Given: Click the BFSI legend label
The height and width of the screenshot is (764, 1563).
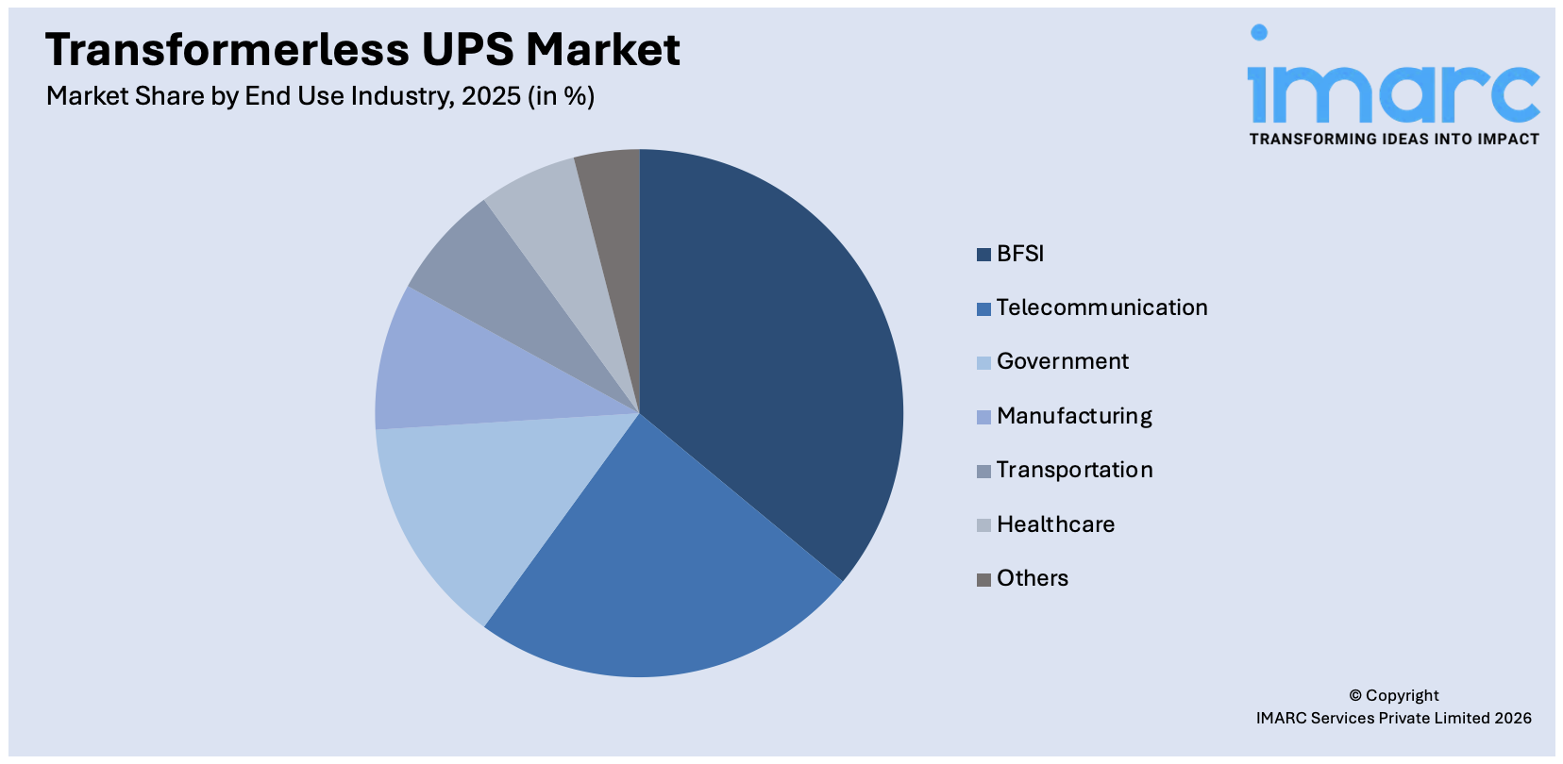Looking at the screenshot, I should pyautogui.click(x=1020, y=254).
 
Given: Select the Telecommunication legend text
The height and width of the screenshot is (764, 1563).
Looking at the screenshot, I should pyautogui.click(x=1101, y=307).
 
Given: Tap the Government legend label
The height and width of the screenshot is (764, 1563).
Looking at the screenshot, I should pyautogui.click(x=1063, y=361).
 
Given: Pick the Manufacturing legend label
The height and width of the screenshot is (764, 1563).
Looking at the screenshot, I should pyautogui.click(x=1074, y=416).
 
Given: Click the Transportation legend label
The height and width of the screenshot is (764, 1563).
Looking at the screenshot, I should pyautogui.click(x=1074, y=470).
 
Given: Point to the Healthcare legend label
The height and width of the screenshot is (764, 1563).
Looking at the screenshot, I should pyautogui.click(x=1055, y=524).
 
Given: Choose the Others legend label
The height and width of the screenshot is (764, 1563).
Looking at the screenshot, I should pyautogui.click(x=1033, y=578).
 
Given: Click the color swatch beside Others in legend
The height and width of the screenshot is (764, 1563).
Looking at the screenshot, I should pyautogui.click(x=983, y=579).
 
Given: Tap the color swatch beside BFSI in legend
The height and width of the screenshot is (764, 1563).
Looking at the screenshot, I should pyautogui.click(x=983, y=255).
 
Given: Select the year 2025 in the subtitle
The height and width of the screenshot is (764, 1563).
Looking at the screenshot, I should pyautogui.click(x=491, y=96).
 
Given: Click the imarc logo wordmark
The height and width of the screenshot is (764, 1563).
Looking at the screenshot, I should pyautogui.click(x=1393, y=90).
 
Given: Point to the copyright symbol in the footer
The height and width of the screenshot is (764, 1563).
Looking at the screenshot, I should pyautogui.click(x=1355, y=696).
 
